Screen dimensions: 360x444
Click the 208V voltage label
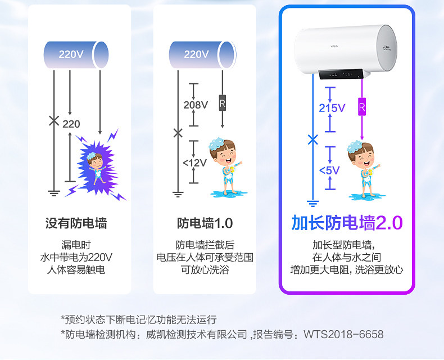point(196,105)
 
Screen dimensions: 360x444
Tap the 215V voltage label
point(332,108)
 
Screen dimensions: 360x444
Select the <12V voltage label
point(194,163)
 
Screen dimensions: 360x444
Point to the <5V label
point(329,170)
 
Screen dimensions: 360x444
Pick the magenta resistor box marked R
point(362,106)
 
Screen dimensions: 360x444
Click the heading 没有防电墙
point(76,223)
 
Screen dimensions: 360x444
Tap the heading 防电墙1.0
point(205,223)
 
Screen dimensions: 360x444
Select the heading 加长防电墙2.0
point(347,223)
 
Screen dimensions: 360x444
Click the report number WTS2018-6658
point(343,335)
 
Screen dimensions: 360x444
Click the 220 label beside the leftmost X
point(71,124)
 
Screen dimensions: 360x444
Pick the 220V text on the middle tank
point(196,55)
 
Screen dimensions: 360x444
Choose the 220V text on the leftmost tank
point(71,55)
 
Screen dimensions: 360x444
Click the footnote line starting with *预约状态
point(138,319)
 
